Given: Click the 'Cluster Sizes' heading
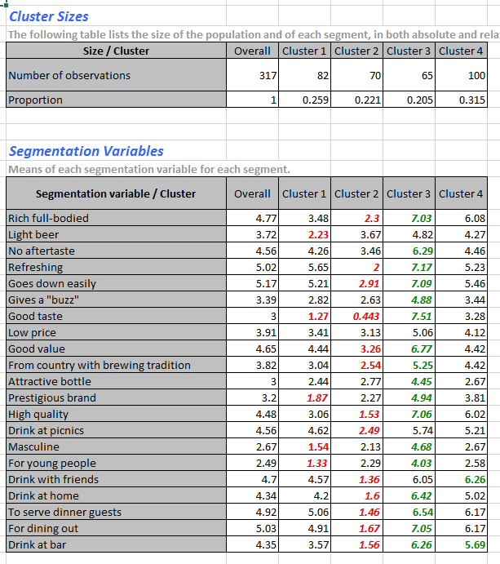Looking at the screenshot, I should pyautogui.click(x=49, y=16).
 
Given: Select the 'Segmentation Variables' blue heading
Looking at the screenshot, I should pyautogui.click(x=86, y=151).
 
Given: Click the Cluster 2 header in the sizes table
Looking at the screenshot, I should pyautogui.click(x=356, y=51).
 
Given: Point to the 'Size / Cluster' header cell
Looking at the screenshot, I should pyautogui.click(x=116, y=51).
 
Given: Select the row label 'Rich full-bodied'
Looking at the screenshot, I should pyautogui.click(x=48, y=219).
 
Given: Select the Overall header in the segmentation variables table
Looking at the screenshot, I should pyautogui.click(x=252, y=194).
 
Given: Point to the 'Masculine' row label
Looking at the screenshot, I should pyautogui.click(x=33, y=447).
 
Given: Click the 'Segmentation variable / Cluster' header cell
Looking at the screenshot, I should pyautogui.click(x=116, y=194).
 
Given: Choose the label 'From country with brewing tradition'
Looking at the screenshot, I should pyautogui.click(x=100, y=366).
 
